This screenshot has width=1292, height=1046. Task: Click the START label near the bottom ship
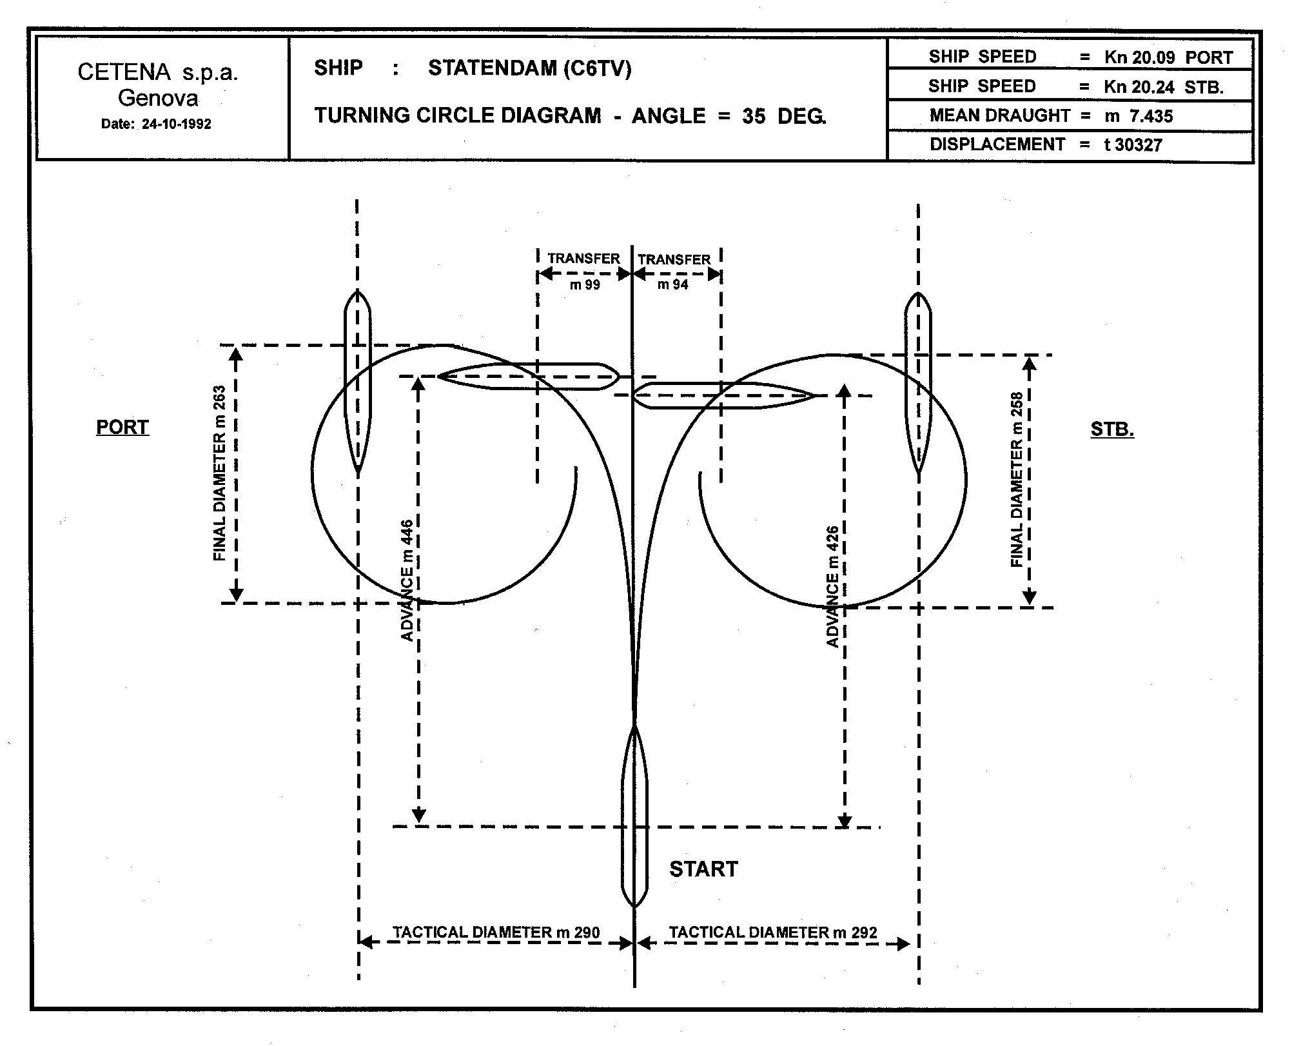pos(703,869)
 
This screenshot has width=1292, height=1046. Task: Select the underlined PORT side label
pos(122,427)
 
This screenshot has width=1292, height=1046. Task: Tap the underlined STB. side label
pos(1112,429)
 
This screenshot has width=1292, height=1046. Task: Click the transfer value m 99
pos(585,285)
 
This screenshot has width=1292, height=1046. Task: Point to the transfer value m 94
pos(672,285)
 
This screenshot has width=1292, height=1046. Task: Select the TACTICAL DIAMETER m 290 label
pos(496,933)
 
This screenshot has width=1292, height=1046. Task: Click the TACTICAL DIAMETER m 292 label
pos(772,933)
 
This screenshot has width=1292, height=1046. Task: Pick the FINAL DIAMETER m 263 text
pos(220,473)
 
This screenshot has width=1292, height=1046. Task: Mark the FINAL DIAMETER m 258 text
pos(1017,479)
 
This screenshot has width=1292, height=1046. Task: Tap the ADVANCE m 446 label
pos(407,580)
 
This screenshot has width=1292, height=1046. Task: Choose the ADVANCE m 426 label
pos(832,587)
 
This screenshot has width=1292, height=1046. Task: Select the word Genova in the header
pos(158,98)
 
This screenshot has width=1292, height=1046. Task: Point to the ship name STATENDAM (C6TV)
pos(529,68)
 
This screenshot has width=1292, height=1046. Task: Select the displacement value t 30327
pos(1133,144)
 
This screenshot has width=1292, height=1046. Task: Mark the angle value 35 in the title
pos(753,116)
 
